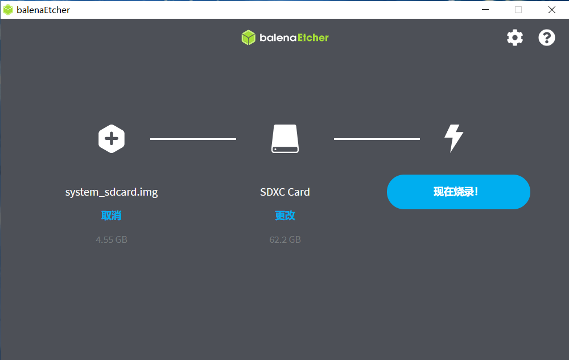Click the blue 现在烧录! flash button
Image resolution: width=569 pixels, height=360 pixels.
458,192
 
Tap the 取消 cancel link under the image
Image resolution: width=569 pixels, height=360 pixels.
112,216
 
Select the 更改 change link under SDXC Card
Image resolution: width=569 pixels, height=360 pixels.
285,216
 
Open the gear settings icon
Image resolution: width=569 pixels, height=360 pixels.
515,38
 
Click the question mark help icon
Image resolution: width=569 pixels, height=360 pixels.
546,38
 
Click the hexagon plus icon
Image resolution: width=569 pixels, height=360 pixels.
112,139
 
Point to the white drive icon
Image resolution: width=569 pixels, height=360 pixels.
285,139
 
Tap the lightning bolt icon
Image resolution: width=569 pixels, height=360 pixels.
453,138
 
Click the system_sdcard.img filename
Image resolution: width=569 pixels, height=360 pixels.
112,192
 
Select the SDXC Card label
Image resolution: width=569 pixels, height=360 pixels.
285,192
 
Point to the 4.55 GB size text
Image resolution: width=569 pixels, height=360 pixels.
112,239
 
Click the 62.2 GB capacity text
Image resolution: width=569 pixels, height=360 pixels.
285,239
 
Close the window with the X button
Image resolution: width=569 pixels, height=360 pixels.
551,10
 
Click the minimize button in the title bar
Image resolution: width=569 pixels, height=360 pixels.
485,10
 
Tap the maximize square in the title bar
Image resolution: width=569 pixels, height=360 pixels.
518,10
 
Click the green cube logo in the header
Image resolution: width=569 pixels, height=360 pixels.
249,38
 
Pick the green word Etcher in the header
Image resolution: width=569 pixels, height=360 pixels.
313,38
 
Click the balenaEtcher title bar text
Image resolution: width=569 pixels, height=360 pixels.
43,10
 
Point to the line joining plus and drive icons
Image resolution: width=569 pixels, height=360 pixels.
193,139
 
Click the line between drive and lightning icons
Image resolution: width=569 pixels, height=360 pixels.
377,139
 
